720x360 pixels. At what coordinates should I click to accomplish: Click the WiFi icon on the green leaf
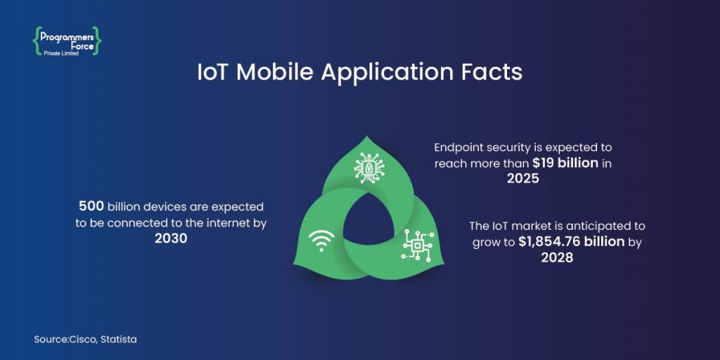pos(321,241)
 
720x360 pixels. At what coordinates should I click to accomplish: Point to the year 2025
pos(522,179)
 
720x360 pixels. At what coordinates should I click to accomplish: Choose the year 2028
pos(557,257)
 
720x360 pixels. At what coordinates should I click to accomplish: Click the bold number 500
pos(91,207)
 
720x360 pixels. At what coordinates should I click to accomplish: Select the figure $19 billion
pos(565,163)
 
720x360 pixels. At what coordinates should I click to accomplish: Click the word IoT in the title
pos(213,73)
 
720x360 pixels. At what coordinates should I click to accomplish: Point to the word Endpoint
pos(459,148)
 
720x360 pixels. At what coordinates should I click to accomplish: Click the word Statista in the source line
pos(119,340)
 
